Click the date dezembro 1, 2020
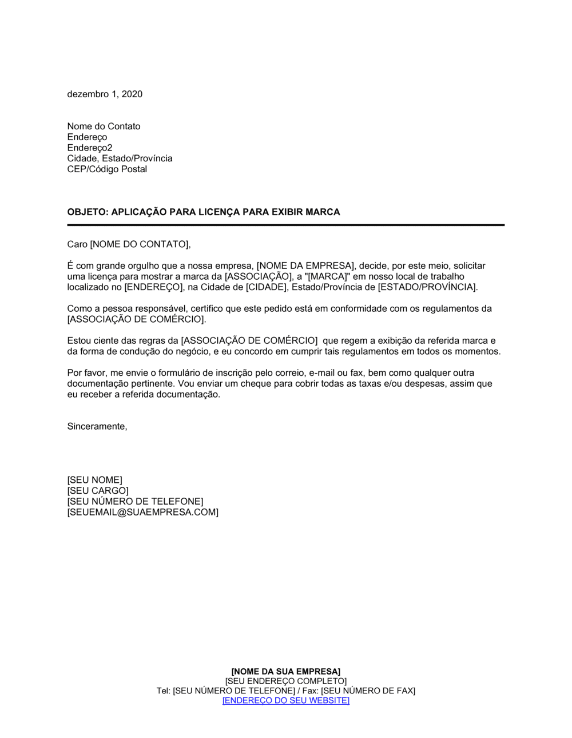(x=105, y=94)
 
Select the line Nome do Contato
(x=104, y=126)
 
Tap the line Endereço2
(x=90, y=148)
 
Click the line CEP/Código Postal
(x=107, y=169)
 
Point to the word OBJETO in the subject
(x=88, y=212)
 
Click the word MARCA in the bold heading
(x=323, y=212)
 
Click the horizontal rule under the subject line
(x=286, y=225)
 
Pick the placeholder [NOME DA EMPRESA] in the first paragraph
(x=305, y=266)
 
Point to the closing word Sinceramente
(x=97, y=427)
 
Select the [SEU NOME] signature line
(x=95, y=480)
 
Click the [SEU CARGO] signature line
(x=98, y=491)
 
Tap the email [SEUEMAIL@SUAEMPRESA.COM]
(x=143, y=513)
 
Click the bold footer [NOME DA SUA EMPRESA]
(x=286, y=672)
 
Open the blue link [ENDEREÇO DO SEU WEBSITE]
(x=286, y=701)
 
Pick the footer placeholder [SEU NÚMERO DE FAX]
(x=368, y=691)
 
